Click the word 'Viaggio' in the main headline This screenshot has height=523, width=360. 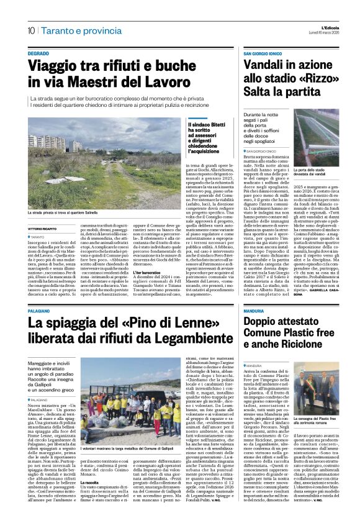pos(59,68)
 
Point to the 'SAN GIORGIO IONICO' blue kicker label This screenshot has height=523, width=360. pos(264,55)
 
